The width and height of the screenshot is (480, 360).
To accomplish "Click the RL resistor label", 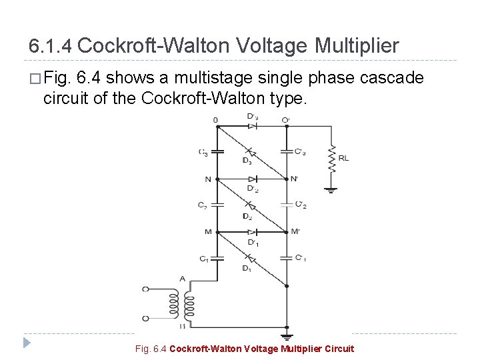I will point(343,158).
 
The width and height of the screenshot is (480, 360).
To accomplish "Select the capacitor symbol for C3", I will point(217,151).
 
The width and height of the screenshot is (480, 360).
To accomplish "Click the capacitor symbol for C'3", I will point(287,151).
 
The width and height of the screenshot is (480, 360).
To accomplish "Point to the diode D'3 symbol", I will point(252,125).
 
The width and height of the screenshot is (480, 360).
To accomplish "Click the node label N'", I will point(295,179).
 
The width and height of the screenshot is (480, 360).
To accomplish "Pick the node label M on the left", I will point(208,232).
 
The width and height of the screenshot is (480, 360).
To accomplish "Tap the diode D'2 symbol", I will point(252,179).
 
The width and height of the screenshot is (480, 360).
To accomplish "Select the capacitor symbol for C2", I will point(217,205).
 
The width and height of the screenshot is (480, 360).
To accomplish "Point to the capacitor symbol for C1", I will point(217,257).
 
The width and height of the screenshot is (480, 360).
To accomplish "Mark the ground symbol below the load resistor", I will point(331,191).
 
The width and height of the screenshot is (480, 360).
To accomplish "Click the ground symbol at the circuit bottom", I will point(287,337).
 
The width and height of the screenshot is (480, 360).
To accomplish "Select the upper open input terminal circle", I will point(146,289).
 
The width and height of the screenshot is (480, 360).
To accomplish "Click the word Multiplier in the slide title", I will point(357,46).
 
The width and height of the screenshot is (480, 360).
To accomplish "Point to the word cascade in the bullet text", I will point(392,78).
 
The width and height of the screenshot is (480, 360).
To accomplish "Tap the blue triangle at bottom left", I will point(27,343).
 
